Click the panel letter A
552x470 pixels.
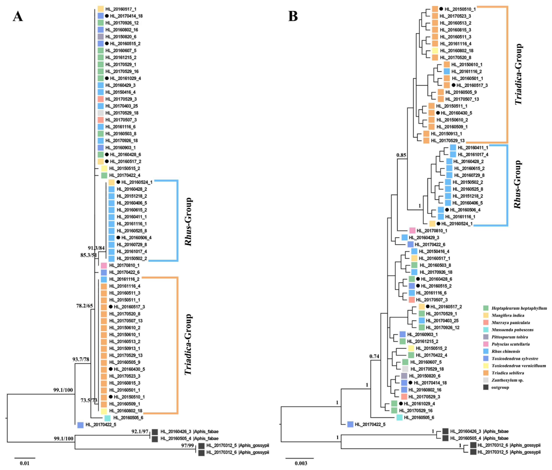(18, 16)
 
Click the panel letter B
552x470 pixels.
(293, 16)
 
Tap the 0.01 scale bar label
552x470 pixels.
(25, 463)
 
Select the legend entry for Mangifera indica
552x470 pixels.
(508, 315)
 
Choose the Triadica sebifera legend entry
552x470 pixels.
(508, 373)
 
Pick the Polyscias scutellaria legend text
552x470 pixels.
(510, 344)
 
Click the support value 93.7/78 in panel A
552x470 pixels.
(81, 359)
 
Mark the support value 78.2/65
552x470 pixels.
(84, 306)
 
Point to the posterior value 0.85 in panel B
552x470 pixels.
(401, 155)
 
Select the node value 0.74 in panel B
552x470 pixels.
(374, 356)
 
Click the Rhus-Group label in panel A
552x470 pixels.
(188, 221)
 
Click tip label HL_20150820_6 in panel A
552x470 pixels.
(121, 37)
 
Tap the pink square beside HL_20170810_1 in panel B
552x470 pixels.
(412, 230)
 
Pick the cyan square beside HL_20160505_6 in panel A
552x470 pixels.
(107, 418)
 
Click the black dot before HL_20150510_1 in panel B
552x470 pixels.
(441, 9)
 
